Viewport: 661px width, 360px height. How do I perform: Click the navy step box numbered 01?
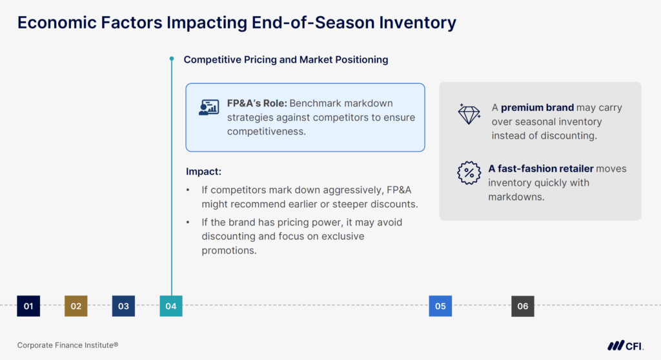coord(28,306)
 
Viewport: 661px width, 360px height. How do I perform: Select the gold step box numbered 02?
coord(76,306)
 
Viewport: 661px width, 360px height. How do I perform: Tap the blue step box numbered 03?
coord(123,306)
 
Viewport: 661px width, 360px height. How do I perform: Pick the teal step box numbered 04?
coord(171,306)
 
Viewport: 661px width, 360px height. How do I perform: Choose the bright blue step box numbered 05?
coord(440,306)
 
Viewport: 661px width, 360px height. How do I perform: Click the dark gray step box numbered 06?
coord(522,306)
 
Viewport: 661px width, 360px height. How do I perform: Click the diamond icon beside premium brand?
coord(469,114)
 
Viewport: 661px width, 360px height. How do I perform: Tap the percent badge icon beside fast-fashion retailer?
coord(469,174)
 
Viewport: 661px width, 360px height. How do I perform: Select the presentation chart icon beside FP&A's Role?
coord(208,108)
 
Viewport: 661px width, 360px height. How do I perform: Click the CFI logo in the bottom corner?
coord(625,345)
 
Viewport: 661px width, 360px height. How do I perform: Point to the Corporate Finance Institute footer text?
coord(68,345)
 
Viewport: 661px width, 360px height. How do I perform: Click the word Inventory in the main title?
coord(412,23)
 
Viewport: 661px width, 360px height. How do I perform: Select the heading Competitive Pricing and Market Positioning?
coord(286,59)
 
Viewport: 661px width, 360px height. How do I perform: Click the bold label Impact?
coord(203,172)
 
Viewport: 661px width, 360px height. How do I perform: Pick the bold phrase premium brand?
coord(537,108)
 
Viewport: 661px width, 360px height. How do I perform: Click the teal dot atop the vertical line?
coord(172,59)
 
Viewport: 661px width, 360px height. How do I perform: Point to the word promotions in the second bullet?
coord(229,250)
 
